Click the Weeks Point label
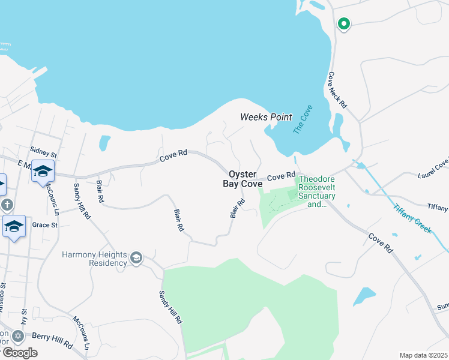click(266, 117)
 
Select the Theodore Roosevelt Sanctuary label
click(317, 191)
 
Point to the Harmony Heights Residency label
click(95, 258)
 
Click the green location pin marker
click(344, 24)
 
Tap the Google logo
click(19, 352)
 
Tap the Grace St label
click(45, 225)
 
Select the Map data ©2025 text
click(424, 355)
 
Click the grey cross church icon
click(6, 205)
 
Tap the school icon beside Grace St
click(14, 226)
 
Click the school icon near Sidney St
click(43, 171)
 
